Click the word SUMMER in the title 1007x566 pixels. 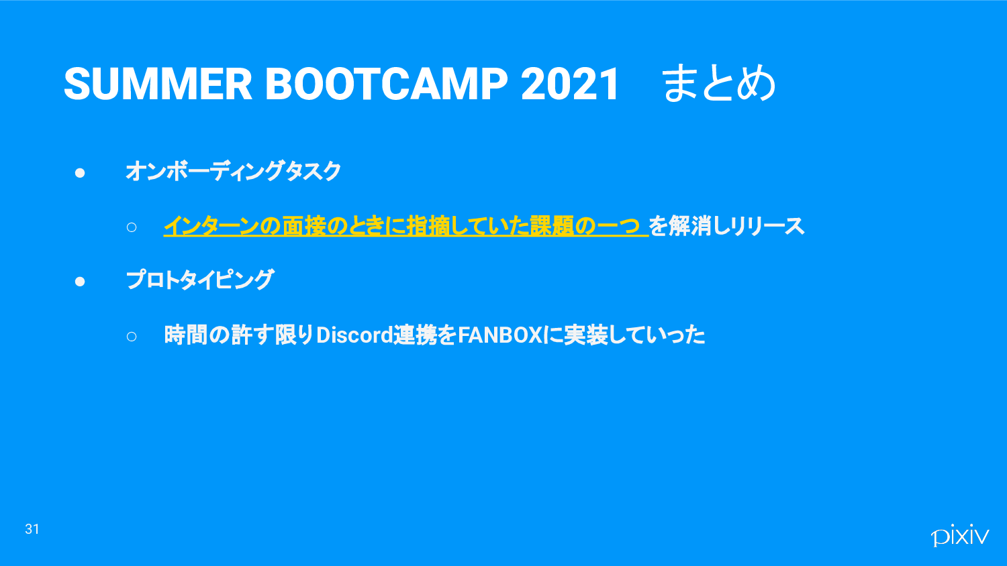pyautogui.click(x=158, y=84)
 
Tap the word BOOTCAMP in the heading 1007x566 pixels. pyautogui.click(x=387, y=84)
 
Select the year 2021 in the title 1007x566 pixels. pyautogui.click(x=570, y=84)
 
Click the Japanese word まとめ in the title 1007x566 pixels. pyautogui.click(x=719, y=83)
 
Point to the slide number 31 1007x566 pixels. pyautogui.click(x=32, y=529)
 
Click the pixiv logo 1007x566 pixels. pyautogui.click(x=960, y=535)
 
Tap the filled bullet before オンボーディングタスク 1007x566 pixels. pyautogui.click(x=80, y=173)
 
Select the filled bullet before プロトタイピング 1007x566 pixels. pyautogui.click(x=80, y=282)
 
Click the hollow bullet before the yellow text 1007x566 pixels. pyautogui.click(x=132, y=227)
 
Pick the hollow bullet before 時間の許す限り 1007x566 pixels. pyautogui.click(x=132, y=337)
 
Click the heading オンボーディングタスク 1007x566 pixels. pyautogui.click(x=234, y=171)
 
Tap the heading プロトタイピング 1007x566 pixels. pyautogui.click(x=200, y=280)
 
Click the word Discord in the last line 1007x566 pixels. pyautogui.click(x=354, y=335)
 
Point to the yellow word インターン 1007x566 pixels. pyautogui.click(x=211, y=226)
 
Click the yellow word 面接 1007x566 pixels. pyautogui.click(x=304, y=226)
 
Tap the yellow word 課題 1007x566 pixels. pyautogui.click(x=552, y=226)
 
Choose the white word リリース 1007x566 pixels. pyautogui.click(x=767, y=226)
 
